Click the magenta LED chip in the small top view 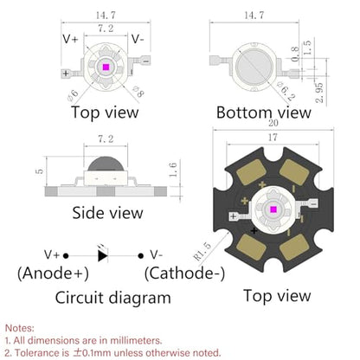click(106, 67)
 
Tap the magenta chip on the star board click(273, 209)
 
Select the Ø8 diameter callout click(138, 92)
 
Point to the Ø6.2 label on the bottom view click(286, 91)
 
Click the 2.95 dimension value click(319, 93)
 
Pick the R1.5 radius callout click(202, 251)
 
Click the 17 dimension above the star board click(273, 138)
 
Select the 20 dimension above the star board click(273, 123)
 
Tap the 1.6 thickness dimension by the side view click(173, 170)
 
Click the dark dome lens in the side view click(106, 164)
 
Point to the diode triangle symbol click(103, 255)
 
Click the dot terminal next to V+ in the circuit click(66, 255)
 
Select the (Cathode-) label click(184, 273)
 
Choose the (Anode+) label click(53, 273)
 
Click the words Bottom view click(264, 112)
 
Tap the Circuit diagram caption click(112, 298)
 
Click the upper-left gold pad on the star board click(251, 172)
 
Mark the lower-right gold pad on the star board click(294, 247)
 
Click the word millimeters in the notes click(136, 340)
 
